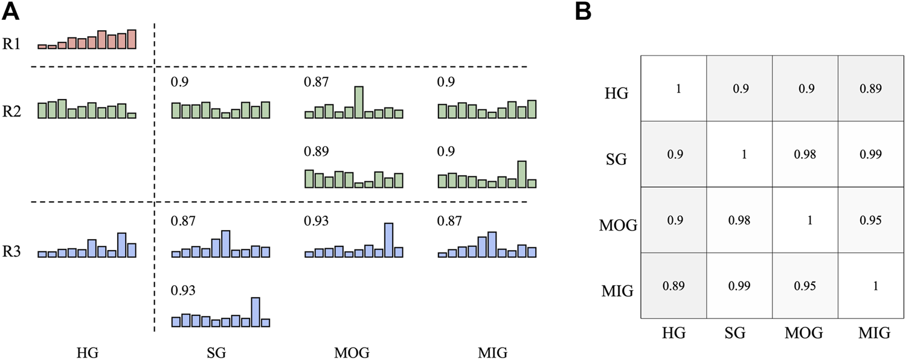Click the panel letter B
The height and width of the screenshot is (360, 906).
tap(583, 11)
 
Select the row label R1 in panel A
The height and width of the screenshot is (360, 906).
tap(11, 45)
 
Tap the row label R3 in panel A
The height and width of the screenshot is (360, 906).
tap(11, 251)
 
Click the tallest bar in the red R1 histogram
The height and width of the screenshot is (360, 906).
tap(132, 39)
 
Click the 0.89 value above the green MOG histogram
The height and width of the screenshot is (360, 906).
tap(316, 151)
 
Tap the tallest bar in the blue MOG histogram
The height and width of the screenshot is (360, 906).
tap(388, 240)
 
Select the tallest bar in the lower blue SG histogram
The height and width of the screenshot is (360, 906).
tap(255, 312)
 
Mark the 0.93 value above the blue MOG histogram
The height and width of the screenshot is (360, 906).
tap(316, 221)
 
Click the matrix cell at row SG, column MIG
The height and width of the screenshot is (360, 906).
tap(859, 154)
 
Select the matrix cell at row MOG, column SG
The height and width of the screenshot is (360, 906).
tap(739, 220)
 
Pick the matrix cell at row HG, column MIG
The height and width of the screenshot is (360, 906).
tap(859, 88)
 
